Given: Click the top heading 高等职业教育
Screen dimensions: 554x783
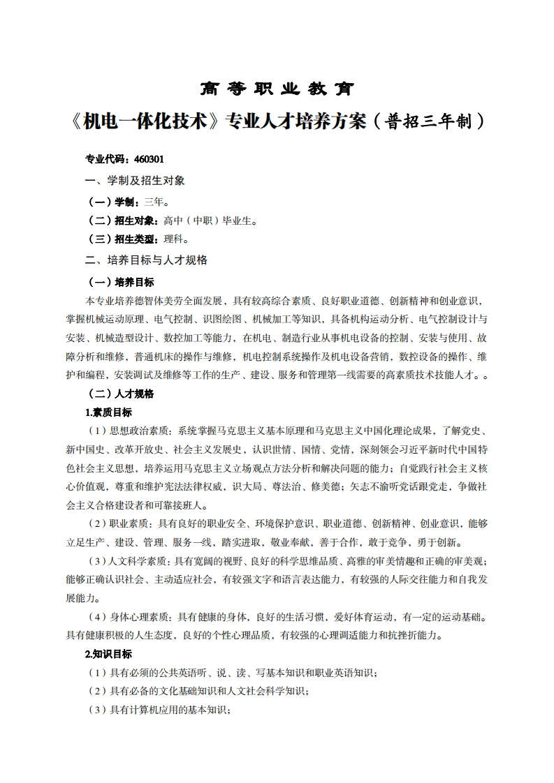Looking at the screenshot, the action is coord(277,89).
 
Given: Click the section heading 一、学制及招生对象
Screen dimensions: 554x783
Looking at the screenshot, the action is coord(135,180).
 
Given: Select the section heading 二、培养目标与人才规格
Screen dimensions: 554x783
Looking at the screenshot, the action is coord(146,260).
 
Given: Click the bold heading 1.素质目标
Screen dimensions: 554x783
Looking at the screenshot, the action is coord(108,412).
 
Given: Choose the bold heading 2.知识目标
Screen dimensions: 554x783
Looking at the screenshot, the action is coord(108,654).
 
